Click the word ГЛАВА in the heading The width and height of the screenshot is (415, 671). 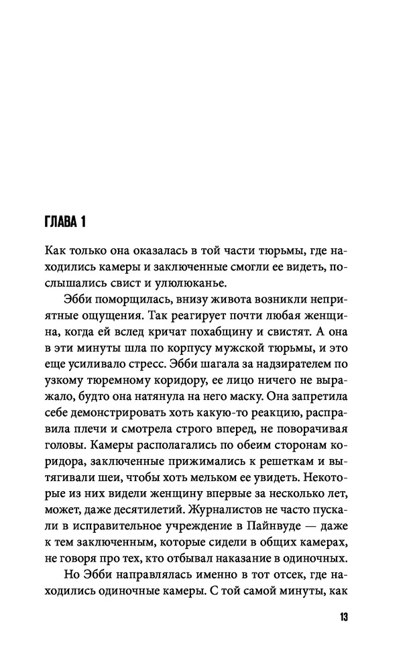tap(61, 221)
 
